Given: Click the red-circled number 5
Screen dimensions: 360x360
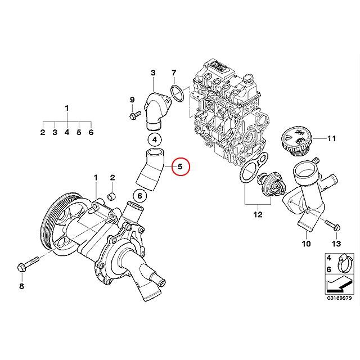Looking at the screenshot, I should tap(180, 166).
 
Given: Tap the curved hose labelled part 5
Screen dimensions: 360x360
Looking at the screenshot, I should tap(151, 172).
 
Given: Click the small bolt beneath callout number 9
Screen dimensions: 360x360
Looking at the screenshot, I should tap(134, 116).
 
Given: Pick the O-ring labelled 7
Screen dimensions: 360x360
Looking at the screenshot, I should tap(178, 94).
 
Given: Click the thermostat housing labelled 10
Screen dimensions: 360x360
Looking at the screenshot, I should tap(307, 197).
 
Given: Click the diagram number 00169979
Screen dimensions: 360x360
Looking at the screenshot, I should tap(340, 299).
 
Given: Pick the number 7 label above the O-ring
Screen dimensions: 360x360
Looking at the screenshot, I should tap(174, 73).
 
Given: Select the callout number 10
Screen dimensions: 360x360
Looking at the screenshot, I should tap(306, 244).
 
